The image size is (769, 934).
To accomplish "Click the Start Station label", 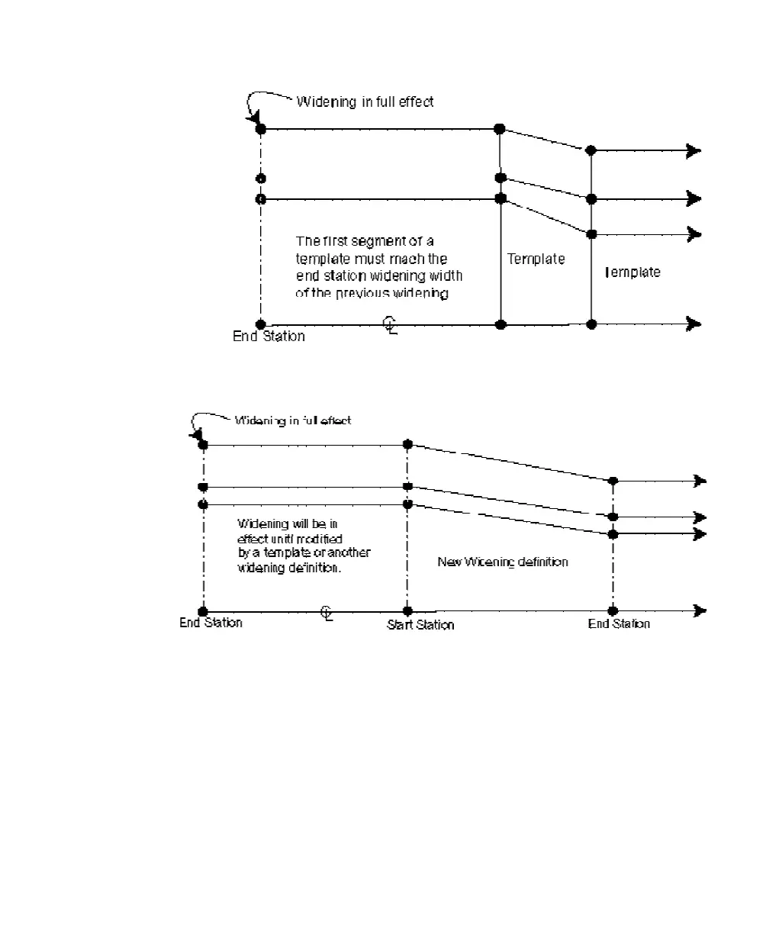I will click(420, 625).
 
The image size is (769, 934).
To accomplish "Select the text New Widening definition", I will click(503, 562).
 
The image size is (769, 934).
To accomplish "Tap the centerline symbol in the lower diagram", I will click(326, 613).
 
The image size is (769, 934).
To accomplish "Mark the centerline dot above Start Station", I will click(407, 611).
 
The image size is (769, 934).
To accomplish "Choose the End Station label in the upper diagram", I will click(269, 337).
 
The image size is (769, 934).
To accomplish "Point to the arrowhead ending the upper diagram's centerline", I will click(693, 324).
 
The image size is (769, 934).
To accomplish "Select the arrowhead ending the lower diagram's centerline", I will click(698, 610).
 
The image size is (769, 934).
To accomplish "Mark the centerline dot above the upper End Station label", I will click(261, 324).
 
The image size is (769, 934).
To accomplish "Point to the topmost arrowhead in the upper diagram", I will click(693, 150).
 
